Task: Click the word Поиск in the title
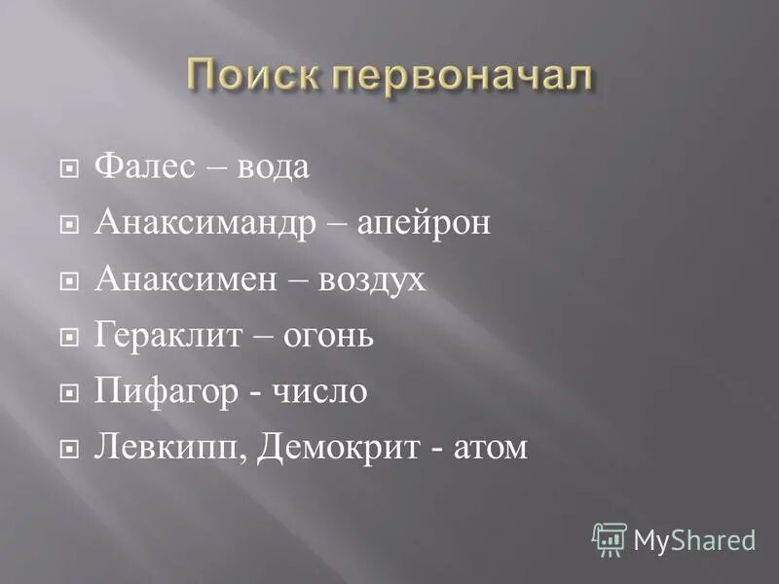[x=249, y=75]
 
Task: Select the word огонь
[x=327, y=337]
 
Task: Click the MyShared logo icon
[x=610, y=538]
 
